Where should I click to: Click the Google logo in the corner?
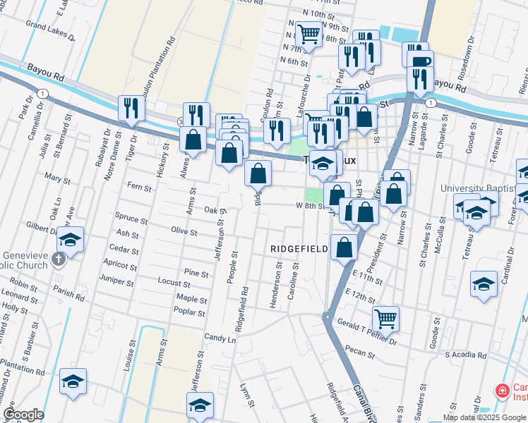24,415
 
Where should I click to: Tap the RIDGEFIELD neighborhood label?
299,249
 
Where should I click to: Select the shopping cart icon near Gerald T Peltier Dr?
385,318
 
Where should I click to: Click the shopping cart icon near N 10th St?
308,32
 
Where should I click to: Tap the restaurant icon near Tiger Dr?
131,107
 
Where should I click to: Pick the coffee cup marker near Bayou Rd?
420,61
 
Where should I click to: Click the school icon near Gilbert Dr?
71,240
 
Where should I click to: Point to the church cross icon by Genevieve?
59,259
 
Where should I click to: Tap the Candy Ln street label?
220,338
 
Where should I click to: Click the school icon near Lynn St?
200,405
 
